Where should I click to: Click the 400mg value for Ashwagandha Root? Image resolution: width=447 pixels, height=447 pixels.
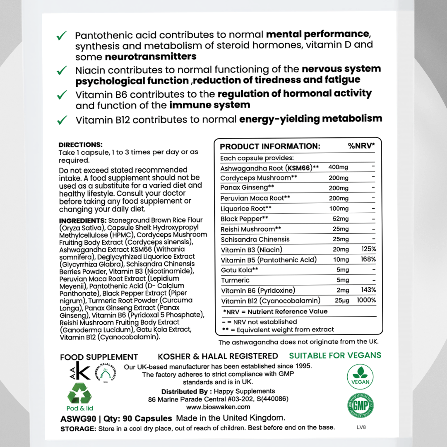click(x=339, y=168)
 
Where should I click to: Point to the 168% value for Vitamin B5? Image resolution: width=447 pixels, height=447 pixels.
click(x=368, y=260)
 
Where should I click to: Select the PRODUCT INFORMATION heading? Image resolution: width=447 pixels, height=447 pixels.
click(x=270, y=146)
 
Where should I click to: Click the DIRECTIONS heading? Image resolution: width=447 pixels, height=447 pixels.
click(x=80, y=145)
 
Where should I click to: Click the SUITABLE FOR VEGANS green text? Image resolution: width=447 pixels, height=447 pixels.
click(x=335, y=356)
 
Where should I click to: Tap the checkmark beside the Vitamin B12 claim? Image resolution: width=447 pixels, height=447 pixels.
click(x=62, y=120)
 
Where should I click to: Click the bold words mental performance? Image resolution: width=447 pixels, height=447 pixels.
click(x=317, y=34)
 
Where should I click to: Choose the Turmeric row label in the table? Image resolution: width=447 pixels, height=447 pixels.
click(x=235, y=280)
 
